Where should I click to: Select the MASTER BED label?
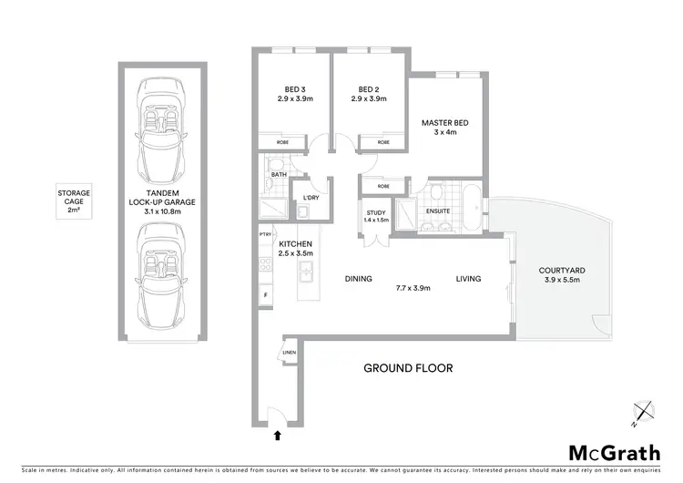click(x=443, y=122)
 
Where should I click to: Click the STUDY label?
click(x=375, y=213)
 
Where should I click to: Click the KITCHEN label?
click(x=296, y=244)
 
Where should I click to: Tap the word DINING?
click(x=358, y=279)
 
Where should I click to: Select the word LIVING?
click(x=468, y=279)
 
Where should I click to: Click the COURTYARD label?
click(x=561, y=270)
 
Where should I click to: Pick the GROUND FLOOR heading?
click(x=408, y=368)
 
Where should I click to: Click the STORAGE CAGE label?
click(x=74, y=201)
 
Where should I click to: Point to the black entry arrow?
click(x=276, y=437)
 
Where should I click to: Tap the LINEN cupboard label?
click(x=290, y=352)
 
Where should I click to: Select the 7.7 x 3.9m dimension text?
click(x=413, y=288)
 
